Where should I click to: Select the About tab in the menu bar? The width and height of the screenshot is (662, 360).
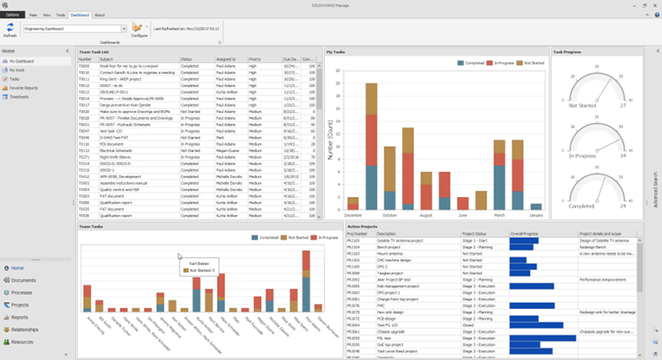pyautogui.click(x=100, y=14)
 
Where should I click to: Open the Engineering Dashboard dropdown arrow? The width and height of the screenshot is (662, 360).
pyautogui.click(x=124, y=28)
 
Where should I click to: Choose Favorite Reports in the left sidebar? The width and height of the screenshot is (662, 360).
pyautogui.click(x=25, y=87)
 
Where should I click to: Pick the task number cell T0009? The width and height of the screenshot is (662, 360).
pyautogui.click(x=84, y=65)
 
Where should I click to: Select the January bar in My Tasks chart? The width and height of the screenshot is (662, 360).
pyautogui.click(x=535, y=205)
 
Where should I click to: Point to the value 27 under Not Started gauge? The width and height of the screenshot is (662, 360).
pyautogui.click(x=622, y=106)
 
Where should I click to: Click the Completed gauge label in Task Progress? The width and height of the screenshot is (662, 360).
pyautogui.click(x=581, y=206)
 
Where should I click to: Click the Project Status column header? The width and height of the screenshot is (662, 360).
pyautogui.click(x=477, y=233)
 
